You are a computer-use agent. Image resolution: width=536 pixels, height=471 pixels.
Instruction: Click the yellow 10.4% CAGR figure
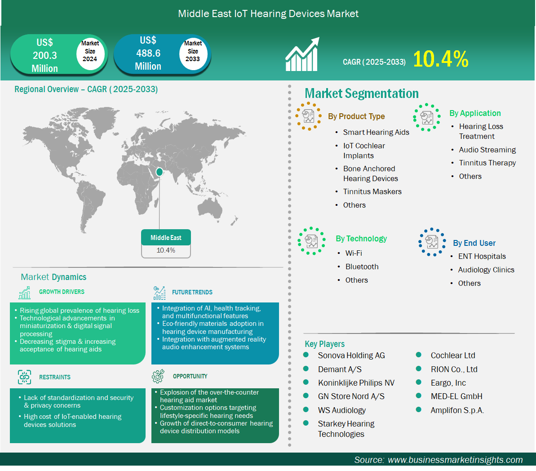click(441, 59)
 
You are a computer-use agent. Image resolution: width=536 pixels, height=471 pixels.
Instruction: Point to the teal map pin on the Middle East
click(159, 172)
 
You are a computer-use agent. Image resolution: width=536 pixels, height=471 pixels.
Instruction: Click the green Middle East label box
click(166, 237)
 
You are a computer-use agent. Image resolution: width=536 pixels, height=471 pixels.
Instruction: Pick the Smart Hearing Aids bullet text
click(376, 133)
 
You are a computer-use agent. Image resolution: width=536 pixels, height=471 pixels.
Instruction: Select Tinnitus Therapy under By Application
click(487, 163)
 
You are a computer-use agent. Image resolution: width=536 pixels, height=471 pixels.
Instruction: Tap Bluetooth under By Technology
click(362, 267)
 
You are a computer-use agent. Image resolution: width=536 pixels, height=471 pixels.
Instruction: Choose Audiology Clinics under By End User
click(486, 270)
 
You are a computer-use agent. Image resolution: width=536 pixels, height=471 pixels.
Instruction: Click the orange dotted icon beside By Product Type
click(308, 116)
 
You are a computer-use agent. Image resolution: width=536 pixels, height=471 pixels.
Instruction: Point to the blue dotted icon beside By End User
click(432, 242)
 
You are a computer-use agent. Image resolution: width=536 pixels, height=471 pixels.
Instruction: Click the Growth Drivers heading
click(62, 292)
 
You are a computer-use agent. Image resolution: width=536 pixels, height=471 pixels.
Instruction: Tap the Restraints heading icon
click(24, 377)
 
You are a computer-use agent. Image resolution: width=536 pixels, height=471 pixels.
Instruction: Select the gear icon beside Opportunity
click(158, 376)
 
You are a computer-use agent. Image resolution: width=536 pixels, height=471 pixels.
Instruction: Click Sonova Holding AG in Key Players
click(351, 355)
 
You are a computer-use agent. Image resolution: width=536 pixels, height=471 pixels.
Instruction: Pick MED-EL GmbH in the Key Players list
click(456, 396)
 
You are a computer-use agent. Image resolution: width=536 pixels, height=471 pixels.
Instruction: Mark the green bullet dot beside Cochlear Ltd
click(418, 355)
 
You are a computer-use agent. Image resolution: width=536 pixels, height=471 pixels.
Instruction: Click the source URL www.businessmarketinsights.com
click(455, 460)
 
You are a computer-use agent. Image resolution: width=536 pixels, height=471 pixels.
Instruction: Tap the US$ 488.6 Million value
click(148, 53)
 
